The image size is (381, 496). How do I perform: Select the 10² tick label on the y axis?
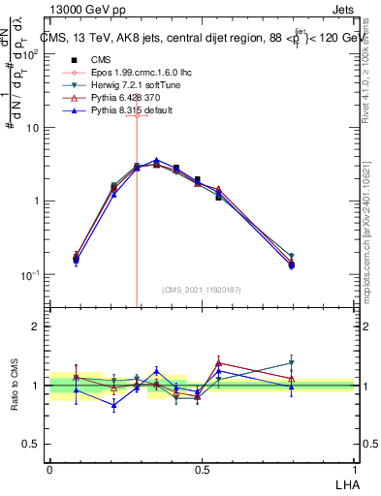34,54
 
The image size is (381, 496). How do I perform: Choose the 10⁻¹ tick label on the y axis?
33,275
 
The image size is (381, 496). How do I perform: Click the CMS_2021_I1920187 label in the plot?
202,290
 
